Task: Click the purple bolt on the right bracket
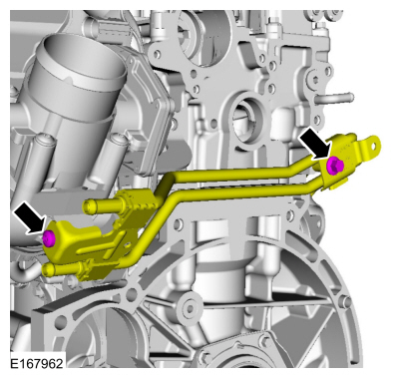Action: click(x=336, y=165)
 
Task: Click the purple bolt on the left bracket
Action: click(x=48, y=237)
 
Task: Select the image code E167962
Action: click(x=38, y=365)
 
